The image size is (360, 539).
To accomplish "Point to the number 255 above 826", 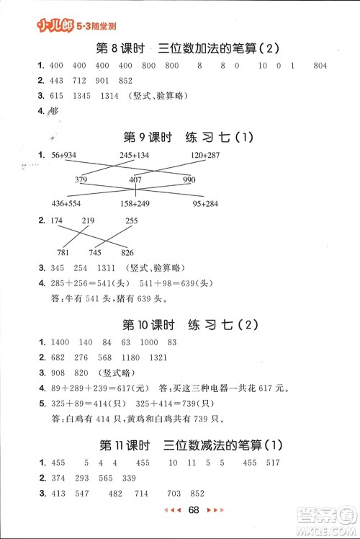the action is coord(132,220).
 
